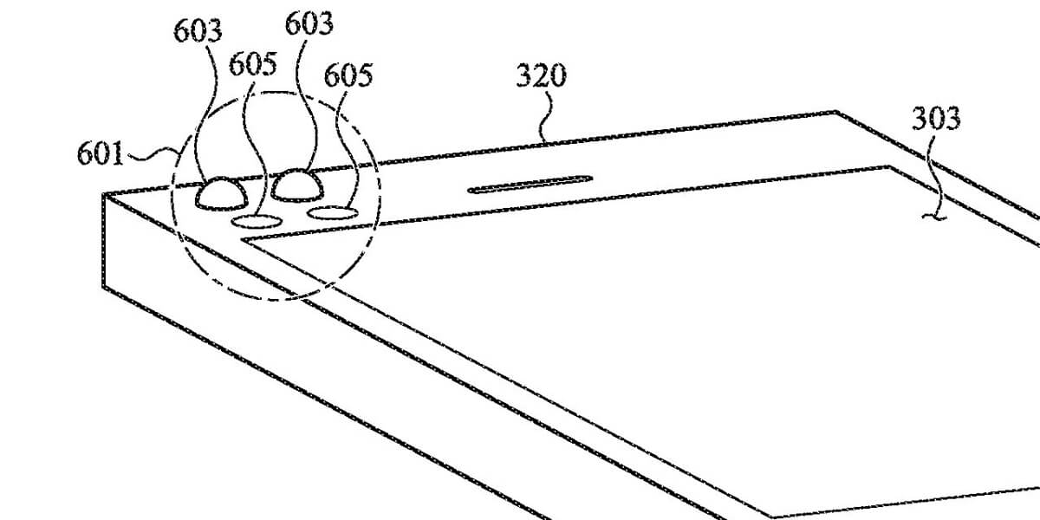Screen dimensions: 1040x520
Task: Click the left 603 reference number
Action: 198,31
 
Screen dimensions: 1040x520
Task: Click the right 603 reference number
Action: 309,23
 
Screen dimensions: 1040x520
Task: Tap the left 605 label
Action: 253,64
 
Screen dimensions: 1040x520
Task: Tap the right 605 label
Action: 348,75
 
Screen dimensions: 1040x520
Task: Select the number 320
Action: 542,75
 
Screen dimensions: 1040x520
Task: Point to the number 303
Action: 936,119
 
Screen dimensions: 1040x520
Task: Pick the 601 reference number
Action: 101,153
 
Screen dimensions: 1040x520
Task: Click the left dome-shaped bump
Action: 221,193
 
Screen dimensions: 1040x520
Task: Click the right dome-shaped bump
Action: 297,185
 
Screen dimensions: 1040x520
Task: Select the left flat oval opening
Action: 257,222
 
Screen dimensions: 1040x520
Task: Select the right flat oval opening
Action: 333,213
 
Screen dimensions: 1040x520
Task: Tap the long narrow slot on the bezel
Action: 530,185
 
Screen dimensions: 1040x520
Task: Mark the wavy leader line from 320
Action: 547,116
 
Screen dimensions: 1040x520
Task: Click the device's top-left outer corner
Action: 103,194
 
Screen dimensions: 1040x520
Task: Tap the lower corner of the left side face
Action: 103,287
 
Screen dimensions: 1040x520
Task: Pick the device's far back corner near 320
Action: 835,112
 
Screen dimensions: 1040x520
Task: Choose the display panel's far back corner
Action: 889,166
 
